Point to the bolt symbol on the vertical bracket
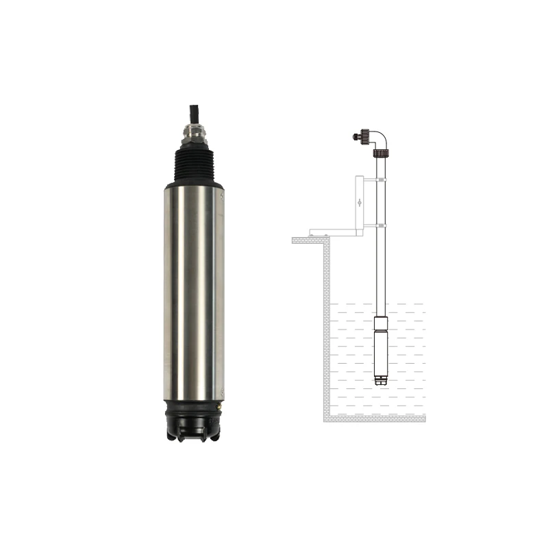(360, 203)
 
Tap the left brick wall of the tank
(326, 329)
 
